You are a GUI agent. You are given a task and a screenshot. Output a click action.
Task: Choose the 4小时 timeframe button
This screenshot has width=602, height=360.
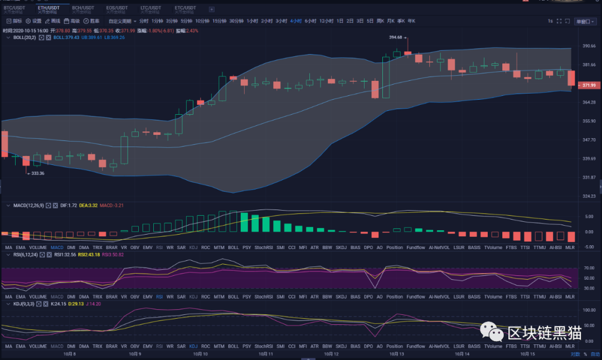coord(295,21)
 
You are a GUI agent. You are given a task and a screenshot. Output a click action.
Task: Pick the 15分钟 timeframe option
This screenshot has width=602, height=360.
coord(220,21)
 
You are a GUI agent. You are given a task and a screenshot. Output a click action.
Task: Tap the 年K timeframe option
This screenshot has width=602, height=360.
coord(411,21)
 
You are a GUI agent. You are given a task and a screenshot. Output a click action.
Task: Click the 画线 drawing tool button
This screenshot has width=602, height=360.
coord(53,21)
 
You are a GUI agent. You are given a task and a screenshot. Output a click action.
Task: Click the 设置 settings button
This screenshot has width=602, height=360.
coord(34,21)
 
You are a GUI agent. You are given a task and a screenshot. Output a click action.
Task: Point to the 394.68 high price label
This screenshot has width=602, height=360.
coord(395,37)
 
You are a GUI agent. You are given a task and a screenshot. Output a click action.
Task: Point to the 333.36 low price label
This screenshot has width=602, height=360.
coord(37,173)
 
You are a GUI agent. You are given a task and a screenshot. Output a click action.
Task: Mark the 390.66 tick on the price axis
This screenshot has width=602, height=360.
coord(589,46)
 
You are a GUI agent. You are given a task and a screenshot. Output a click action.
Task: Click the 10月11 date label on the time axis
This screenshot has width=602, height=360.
coord(266,353)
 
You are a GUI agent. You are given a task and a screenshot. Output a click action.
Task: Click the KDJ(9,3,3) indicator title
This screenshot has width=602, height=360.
coord(22,304)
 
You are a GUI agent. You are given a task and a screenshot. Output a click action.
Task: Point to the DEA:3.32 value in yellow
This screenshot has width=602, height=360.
coord(88,206)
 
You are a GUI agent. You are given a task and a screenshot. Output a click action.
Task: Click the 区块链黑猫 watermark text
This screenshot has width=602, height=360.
coord(545,333)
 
